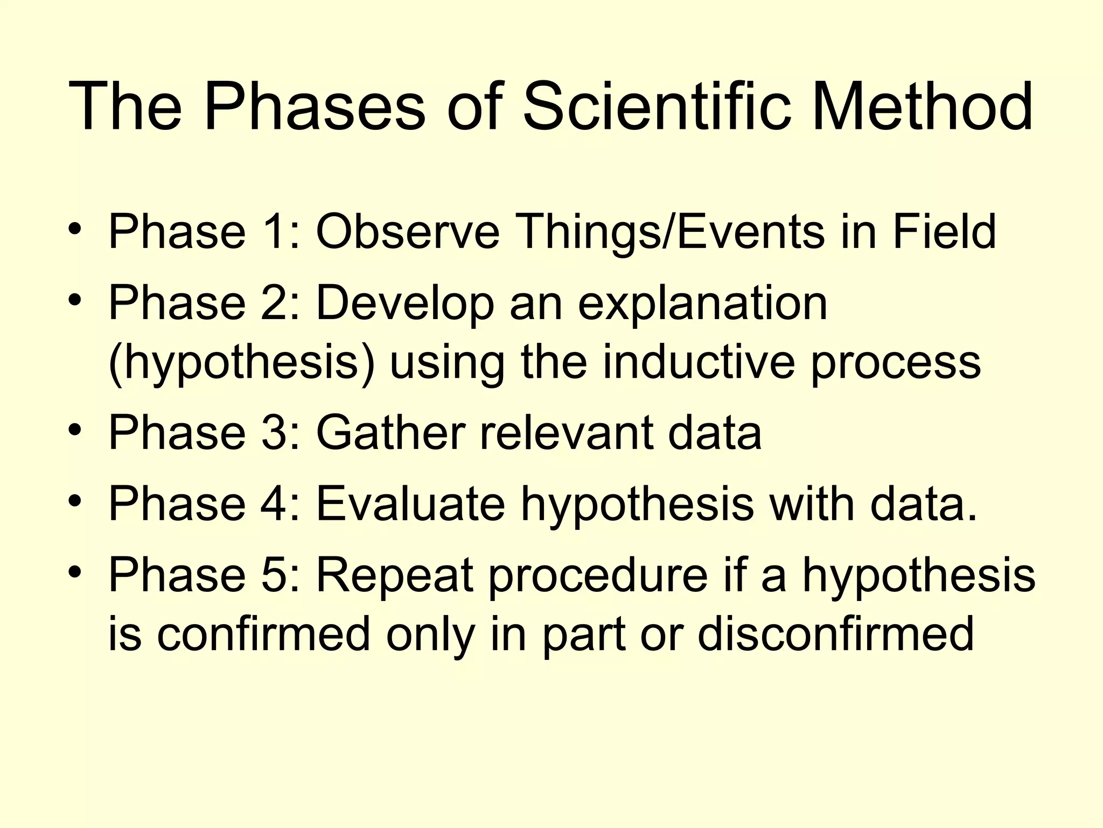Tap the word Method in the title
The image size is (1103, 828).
tap(922, 107)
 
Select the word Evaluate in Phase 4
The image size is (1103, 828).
tap(410, 503)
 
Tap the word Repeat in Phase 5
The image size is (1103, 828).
tap(394, 575)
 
